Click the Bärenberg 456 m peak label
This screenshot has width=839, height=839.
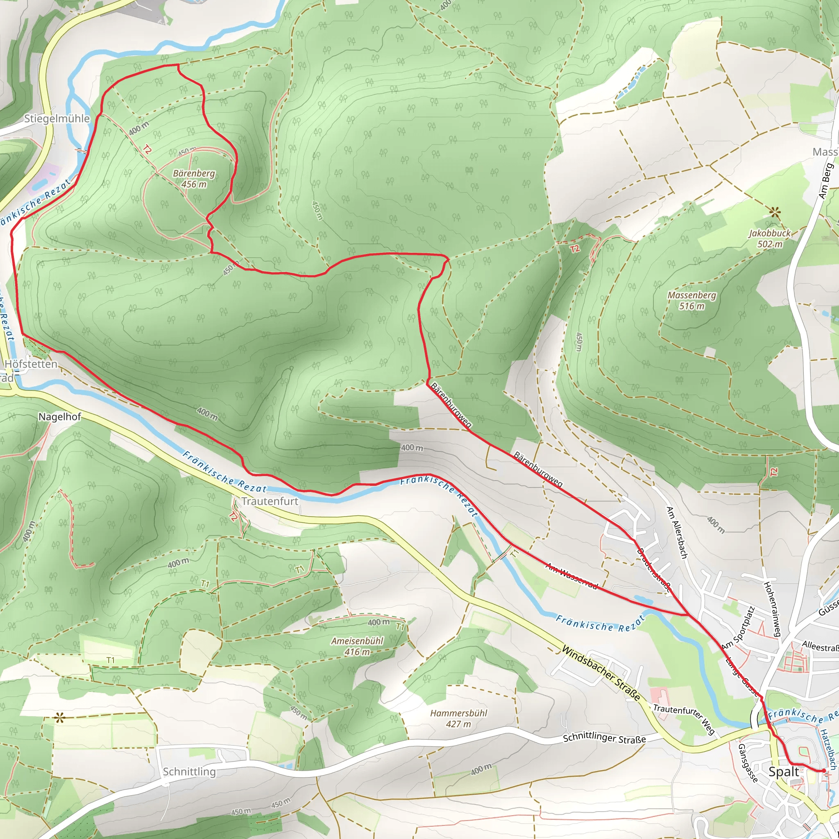194,179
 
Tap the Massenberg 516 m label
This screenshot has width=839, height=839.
692,301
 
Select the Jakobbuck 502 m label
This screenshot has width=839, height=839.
770,238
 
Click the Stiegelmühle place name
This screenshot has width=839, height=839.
57,118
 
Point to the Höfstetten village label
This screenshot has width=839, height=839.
31,364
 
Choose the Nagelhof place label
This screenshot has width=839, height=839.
59,417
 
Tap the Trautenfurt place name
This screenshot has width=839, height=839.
270,501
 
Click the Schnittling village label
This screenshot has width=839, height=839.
189,772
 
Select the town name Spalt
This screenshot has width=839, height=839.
783,772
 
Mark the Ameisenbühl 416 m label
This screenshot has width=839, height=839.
357,646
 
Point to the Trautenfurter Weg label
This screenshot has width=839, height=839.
685,719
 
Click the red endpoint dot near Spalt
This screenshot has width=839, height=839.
823,771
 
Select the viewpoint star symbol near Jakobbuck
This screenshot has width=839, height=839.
774,212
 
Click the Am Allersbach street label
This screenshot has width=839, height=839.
677,533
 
